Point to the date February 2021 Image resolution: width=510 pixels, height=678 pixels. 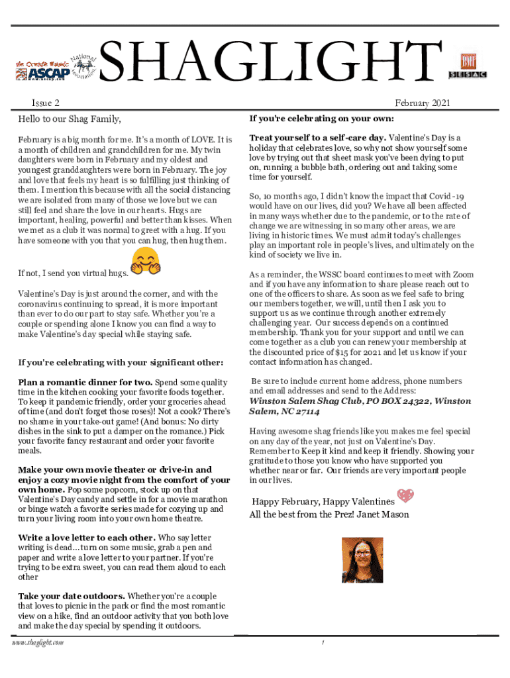coord(423,103)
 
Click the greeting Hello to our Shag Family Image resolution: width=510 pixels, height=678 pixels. coord(70,120)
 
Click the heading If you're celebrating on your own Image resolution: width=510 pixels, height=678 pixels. coord(321,119)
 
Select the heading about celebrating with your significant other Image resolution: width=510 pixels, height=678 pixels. coord(121,362)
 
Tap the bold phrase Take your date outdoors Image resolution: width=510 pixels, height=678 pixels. coord(71,596)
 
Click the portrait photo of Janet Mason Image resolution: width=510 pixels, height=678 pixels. coord(362,559)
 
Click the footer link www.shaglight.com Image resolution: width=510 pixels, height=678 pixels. coord(41,643)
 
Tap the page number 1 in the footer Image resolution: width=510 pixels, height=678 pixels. coord(322,643)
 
